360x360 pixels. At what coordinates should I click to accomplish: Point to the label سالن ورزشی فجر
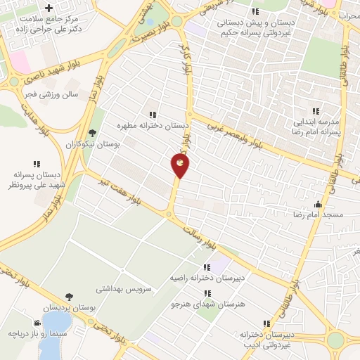click(x=60, y=94)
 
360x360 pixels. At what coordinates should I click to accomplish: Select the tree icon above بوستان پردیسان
click(x=68, y=297)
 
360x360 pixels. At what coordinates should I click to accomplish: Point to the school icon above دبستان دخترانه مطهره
click(x=152, y=115)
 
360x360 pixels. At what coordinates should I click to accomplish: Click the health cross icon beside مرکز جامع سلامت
click(x=49, y=8)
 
